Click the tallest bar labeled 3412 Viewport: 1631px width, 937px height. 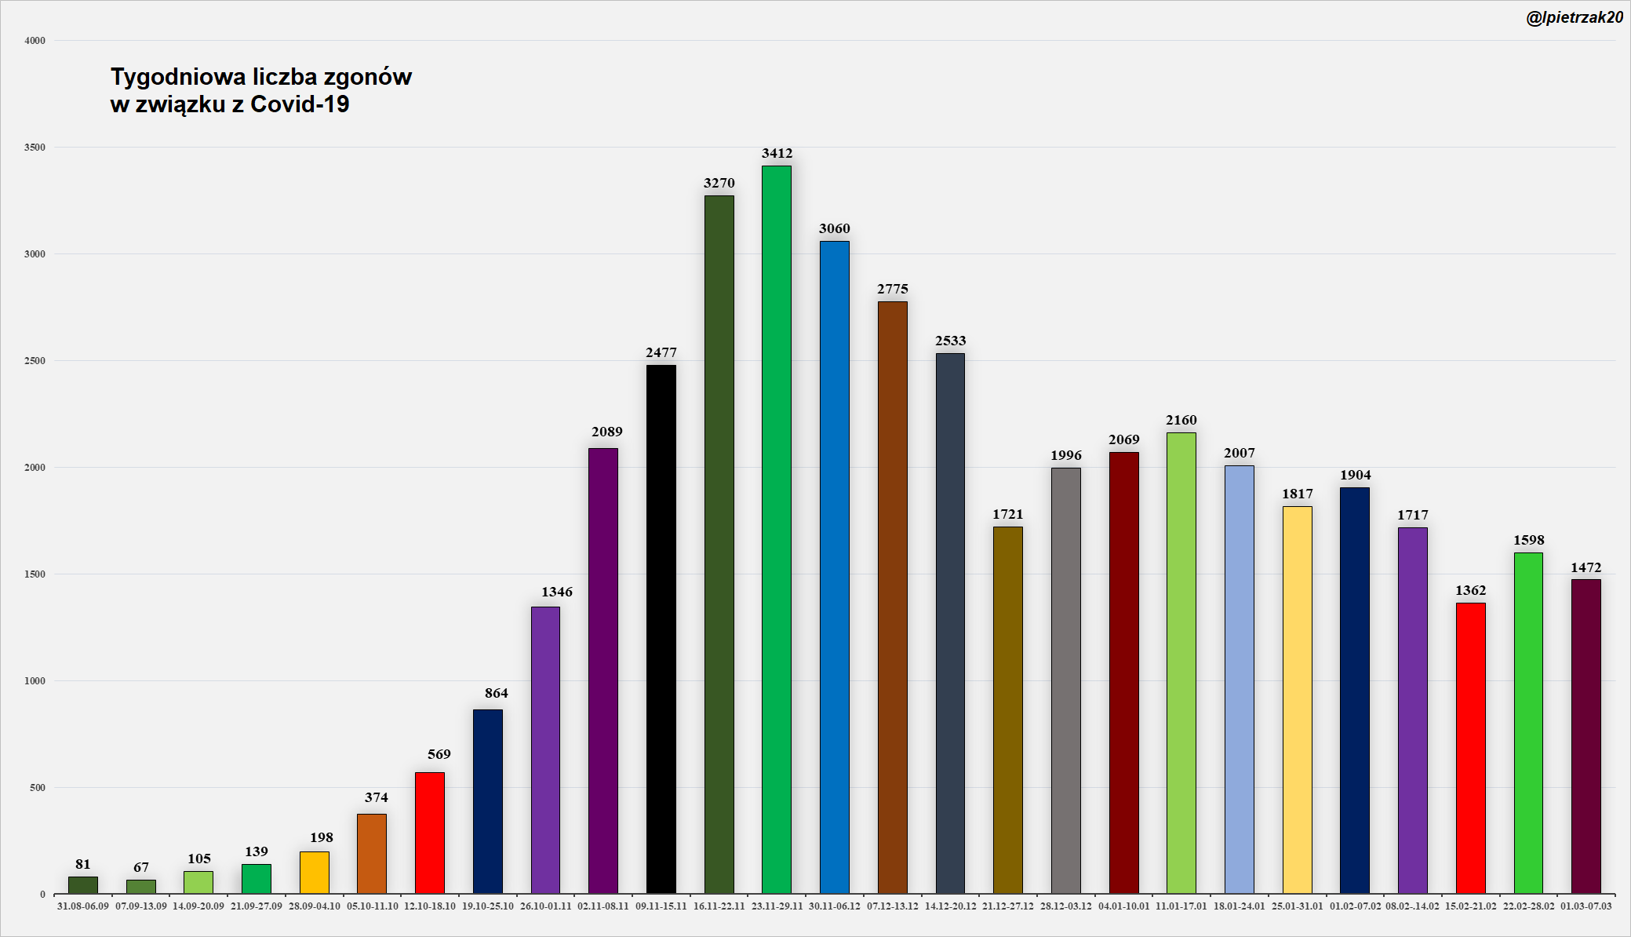(x=776, y=530)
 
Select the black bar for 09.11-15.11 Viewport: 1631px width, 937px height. (x=661, y=629)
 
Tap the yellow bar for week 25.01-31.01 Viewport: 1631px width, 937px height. (x=1297, y=699)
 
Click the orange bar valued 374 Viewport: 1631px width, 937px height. (x=371, y=853)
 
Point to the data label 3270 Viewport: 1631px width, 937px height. (x=719, y=183)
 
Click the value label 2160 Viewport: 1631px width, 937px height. (x=1181, y=420)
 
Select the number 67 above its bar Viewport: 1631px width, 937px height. (x=140, y=867)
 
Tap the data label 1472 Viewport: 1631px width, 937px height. (x=1585, y=567)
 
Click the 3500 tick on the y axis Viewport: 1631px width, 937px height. (x=35, y=148)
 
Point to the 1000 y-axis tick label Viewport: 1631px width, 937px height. (x=35, y=681)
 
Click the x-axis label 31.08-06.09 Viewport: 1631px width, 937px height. (x=83, y=906)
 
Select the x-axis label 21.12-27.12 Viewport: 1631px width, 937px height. (x=1008, y=906)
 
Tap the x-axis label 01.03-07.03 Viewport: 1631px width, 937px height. (x=1585, y=906)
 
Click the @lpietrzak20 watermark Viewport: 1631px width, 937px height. (x=1574, y=17)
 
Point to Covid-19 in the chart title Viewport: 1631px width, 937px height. (x=300, y=104)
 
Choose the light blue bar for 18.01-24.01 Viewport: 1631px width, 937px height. (x=1239, y=679)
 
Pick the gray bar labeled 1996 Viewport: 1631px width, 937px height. (x=1065, y=680)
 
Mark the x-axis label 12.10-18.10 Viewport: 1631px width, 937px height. (x=429, y=906)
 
